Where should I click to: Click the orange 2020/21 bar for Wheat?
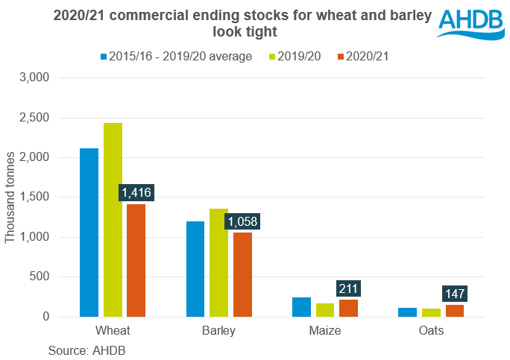point(136,260)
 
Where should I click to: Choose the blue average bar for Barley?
point(196,269)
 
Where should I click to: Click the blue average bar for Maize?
point(302,307)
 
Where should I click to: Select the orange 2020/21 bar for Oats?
point(455,311)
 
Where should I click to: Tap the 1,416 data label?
point(136,193)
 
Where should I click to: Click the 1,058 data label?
point(242,221)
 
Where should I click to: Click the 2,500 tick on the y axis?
point(34,118)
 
